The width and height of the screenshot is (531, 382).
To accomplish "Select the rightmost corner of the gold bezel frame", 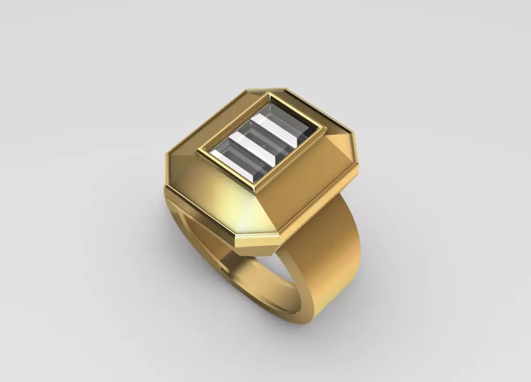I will (x=327, y=128).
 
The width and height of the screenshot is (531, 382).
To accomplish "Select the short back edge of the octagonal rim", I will (x=265, y=90).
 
